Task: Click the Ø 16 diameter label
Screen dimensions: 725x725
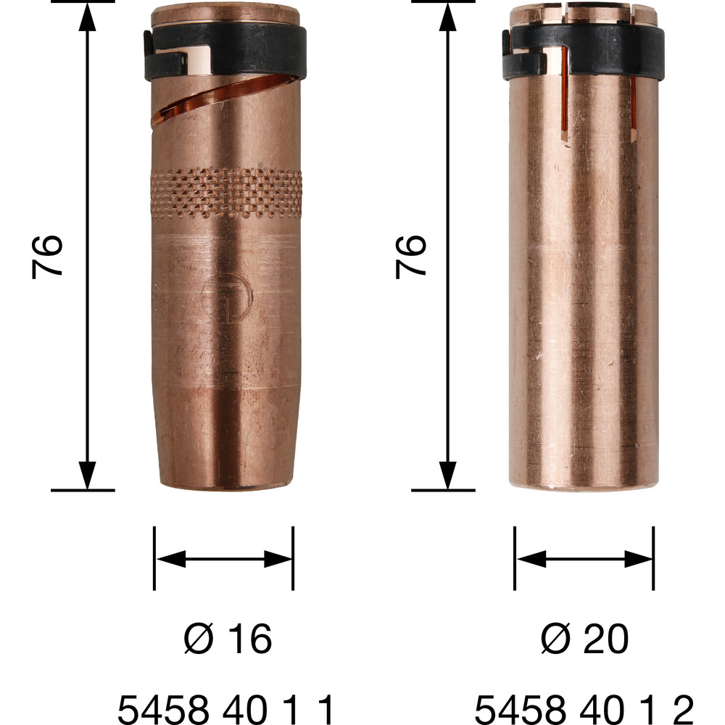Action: click(x=228, y=639)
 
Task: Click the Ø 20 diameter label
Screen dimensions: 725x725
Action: click(x=584, y=639)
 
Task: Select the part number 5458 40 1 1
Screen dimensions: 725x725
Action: click(x=225, y=709)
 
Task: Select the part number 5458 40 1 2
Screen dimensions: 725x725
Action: click(x=584, y=709)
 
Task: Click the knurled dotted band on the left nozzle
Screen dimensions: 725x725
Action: click(x=226, y=193)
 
